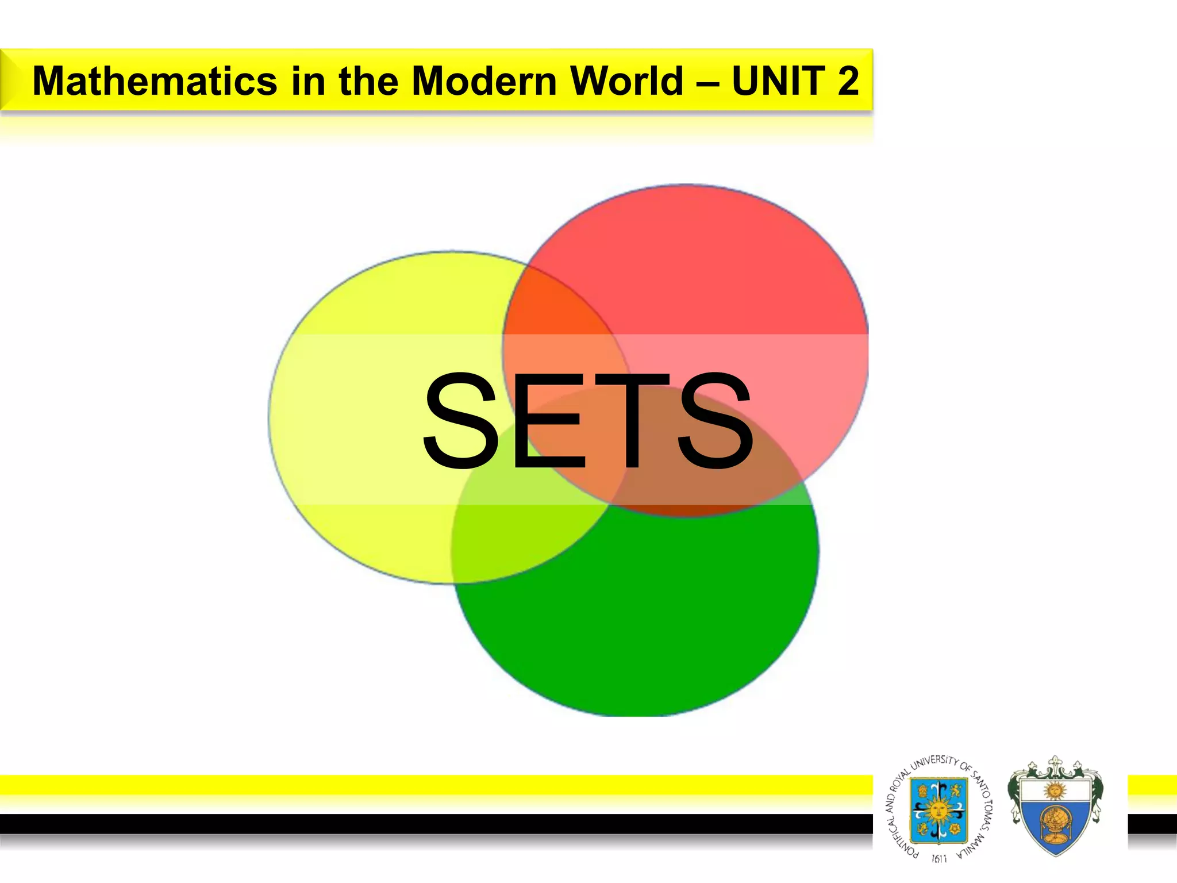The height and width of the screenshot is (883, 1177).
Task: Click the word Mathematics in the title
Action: point(155,81)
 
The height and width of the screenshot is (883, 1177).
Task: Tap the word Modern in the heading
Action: point(485,81)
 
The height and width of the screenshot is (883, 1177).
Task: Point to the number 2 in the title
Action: point(848,81)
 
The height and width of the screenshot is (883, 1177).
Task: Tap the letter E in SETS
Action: point(546,420)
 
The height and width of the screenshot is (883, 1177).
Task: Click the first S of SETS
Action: point(460,420)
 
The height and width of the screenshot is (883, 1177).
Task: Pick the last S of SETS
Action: point(715,420)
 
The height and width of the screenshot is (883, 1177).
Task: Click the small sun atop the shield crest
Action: point(1055,790)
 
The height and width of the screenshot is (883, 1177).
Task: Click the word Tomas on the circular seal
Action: point(987,808)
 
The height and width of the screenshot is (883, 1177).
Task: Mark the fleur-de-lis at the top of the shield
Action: point(1055,765)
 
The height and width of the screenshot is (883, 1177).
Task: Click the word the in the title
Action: point(368,81)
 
